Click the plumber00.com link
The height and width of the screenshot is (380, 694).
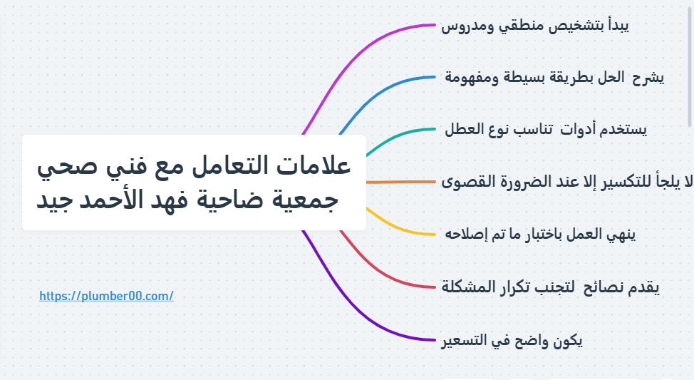click(x=106, y=296)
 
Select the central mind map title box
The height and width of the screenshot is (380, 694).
click(x=194, y=183)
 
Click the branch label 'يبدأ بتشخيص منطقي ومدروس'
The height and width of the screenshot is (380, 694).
click(x=534, y=26)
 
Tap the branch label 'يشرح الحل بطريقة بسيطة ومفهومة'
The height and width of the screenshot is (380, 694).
click(x=554, y=77)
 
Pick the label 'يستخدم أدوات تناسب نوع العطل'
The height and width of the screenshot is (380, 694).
click(x=545, y=130)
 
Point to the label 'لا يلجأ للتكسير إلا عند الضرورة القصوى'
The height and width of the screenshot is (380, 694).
click(x=566, y=182)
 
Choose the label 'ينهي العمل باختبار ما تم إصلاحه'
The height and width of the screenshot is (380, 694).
click(x=539, y=234)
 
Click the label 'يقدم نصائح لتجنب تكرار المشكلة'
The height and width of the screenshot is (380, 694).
click(x=550, y=287)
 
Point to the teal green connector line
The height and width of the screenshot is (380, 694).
click(x=399, y=135)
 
